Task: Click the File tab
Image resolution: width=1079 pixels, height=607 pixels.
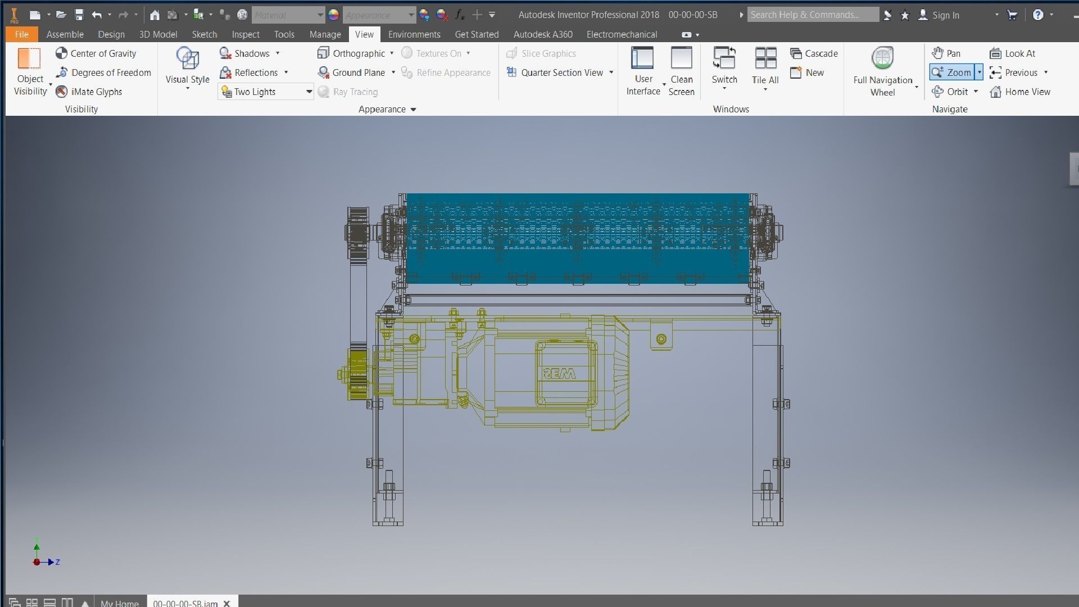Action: pyautogui.click(x=21, y=34)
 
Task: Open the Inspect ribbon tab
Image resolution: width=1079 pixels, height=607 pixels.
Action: pyautogui.click(x=246, y=34)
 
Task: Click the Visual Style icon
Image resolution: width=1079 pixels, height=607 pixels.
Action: pyautogui.click(x=187, y=58)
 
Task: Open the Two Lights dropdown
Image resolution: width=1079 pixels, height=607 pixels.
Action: pyautogui.click(x=309, y=92)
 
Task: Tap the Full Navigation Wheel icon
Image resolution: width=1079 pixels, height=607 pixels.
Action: pyautogui.click(x=882, y=58)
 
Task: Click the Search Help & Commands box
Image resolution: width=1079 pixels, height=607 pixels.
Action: pyautogui.click(x=812, y=15)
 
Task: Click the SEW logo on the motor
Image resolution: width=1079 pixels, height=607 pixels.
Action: pyautogui.click(x=559, y=374)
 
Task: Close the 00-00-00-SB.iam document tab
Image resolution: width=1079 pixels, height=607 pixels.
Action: pyautogui.click(x=227, y=603)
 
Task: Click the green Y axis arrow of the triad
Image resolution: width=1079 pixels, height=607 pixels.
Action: pyautogui.click(x=37, y=547)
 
